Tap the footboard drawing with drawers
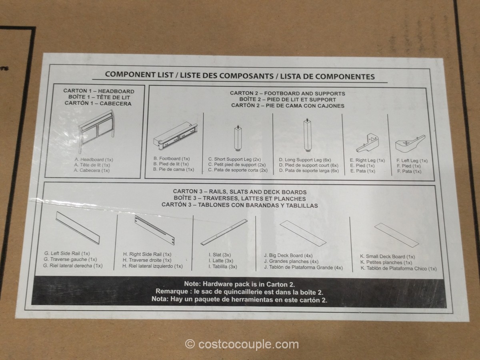[176, 136]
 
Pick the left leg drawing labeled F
[410, 144]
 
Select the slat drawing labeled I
[224, 232]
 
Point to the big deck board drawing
[303, 233]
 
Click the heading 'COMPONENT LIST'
[139, 75]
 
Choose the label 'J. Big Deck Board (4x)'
[288, 255]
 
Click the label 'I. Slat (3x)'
[220, 255]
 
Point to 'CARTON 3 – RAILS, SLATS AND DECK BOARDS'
[240, 192]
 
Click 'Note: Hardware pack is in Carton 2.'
[239, 284]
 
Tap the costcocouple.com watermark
[242, 344]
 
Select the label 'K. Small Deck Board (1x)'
[388, 256]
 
